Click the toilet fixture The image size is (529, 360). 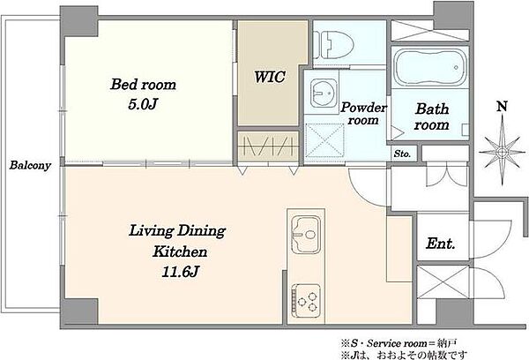click(x=333, y=45)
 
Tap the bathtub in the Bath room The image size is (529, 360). click(x=430, y=68)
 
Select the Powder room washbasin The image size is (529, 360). click(x=324, y=94)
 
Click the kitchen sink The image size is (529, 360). click(x=306, y=235)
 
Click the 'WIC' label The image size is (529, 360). click(x=270, y=77)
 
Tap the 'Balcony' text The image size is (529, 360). click(x=30, y=165)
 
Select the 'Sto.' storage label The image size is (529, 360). click(x=403, y=154)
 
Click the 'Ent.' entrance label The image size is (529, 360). click(x=441, y=244)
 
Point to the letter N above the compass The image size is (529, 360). click(x=503, y=107)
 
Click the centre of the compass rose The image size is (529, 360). click(x=502, y=152)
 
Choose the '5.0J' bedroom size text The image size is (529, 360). click(x=143, y=105)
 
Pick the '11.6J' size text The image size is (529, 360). click(x=180, y=272)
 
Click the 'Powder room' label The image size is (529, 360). click(x=363, y=114)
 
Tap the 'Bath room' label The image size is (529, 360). click(x=432, y=116)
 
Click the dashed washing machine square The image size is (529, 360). click(x=324, y=140)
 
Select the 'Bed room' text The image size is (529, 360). click(x=143, y=85)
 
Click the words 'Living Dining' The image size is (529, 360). click(x=177, y=231)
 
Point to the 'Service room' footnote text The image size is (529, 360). click(x=397, y=344)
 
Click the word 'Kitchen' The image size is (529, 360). click(x=180, y=251)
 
